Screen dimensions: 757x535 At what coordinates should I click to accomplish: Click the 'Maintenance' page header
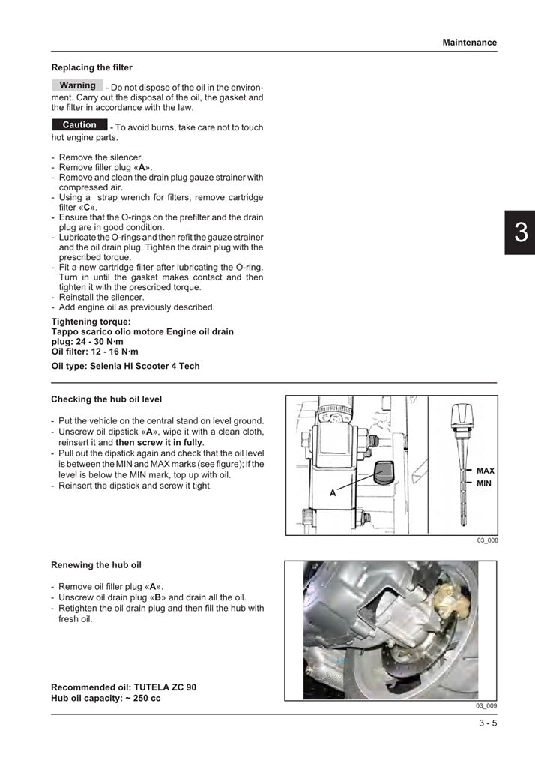coord(469,43)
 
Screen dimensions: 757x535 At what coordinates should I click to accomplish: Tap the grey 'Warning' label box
coord(77,85)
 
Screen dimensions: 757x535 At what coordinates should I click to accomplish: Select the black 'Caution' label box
coord(79,125)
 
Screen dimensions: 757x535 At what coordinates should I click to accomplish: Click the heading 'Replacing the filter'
coord(91,67)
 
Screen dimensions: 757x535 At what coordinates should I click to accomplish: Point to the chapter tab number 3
coord(520,233)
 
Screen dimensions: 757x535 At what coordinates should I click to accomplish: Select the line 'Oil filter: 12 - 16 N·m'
coord(94,351)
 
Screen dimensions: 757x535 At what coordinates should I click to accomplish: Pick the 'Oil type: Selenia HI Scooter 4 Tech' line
coord(125,367)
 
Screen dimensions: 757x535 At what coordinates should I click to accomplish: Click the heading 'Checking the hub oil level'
coord(106,399)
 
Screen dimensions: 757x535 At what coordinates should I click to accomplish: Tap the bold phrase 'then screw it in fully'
coord(159,442)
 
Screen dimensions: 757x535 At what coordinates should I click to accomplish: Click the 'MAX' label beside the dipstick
coord(485,471)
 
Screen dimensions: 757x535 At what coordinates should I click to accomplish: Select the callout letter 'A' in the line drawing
coord(332,494)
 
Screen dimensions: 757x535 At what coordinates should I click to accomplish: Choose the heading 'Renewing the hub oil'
coord(96,565)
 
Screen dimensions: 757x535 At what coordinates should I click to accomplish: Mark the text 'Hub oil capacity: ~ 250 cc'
coord(106,699)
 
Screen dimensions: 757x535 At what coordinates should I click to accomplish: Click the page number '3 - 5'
coord(488,723)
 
